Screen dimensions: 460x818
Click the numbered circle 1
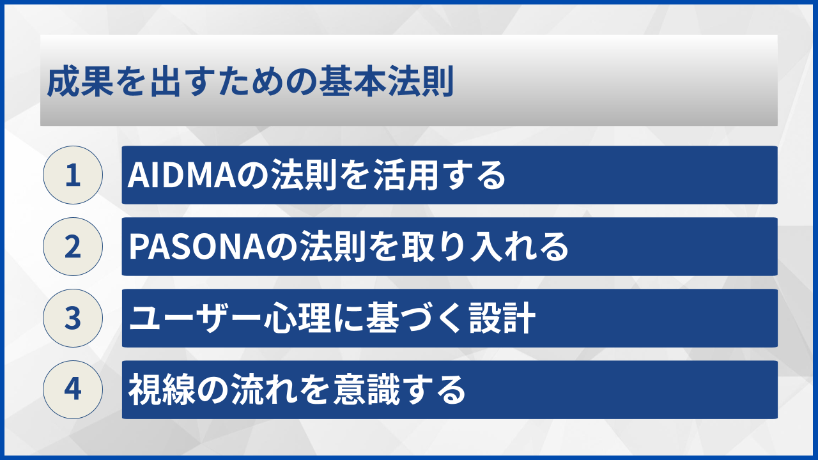pos(73,175)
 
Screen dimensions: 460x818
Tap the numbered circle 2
pos(73,247)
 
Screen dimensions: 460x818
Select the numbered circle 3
pos(73,318)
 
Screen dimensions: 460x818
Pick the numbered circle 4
pos(73,390)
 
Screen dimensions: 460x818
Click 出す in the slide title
pos(170,83)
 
